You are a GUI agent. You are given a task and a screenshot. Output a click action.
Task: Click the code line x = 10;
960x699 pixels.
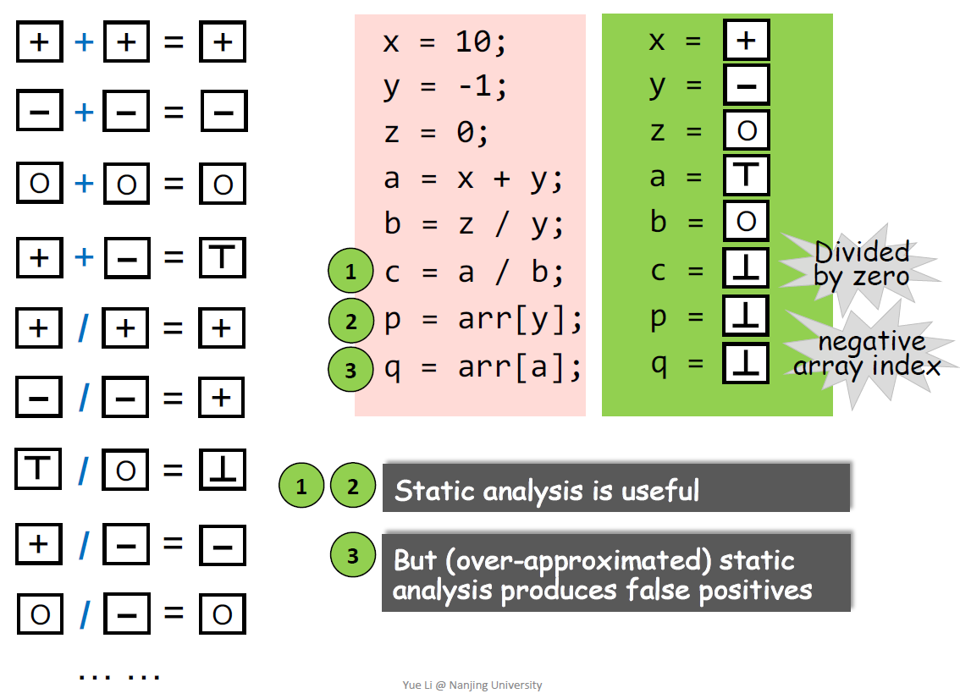coord(444,41)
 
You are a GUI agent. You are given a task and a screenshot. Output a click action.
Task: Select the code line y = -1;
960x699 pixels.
coord(444,86)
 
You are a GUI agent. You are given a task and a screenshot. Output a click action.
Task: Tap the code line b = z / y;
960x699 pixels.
coord(473,224)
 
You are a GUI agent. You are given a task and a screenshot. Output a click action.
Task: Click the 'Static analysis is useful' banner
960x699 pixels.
coord(615,488)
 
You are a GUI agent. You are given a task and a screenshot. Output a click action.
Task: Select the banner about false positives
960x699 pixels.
coord(615,573)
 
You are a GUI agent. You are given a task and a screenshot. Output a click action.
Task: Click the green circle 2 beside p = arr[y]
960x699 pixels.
coord(351,321)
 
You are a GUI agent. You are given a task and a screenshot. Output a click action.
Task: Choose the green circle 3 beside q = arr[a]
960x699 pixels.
coord(350,369)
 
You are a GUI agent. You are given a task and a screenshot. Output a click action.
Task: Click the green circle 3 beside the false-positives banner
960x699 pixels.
coord(353,555)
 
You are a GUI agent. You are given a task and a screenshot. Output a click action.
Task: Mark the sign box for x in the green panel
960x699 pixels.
coord(746,41)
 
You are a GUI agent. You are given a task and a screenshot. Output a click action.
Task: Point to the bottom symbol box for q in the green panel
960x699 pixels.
coord(746,364)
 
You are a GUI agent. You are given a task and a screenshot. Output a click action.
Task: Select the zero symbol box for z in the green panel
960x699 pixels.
coord(746,131)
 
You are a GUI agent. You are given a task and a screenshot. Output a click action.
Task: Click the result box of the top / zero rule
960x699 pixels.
coord(223,470)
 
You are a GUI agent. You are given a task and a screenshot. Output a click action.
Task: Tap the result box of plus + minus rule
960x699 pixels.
coord(223,257)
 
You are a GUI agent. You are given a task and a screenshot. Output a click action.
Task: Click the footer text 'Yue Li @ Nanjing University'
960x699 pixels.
coord(472,685)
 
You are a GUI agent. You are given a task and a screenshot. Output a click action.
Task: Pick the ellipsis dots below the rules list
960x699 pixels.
coord(119,675)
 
